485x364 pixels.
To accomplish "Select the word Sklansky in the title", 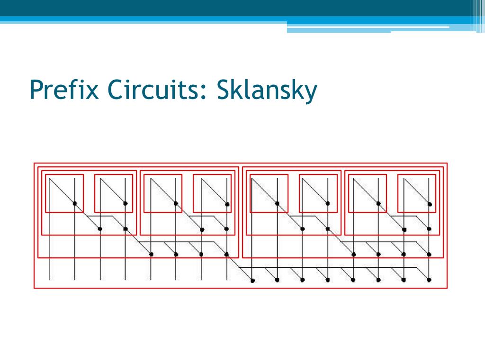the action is coord(267,90).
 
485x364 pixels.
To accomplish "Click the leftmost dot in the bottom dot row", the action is coord(252,281).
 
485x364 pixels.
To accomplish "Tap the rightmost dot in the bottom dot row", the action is coord(429,280).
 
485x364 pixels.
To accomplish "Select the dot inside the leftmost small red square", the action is coord(75,204).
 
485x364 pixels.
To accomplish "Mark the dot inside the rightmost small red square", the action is coord(430,204).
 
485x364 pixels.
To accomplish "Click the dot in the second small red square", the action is coord(126,204).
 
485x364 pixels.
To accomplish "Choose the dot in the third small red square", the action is coord(176,204).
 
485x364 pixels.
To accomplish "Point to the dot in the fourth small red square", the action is coord(227,204).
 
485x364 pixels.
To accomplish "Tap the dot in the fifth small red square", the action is coord(277,204).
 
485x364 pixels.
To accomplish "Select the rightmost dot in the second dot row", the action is coord(429,229).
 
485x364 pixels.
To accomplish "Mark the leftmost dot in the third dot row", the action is coord(151,255).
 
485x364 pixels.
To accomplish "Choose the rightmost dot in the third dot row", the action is coord(429,255).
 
